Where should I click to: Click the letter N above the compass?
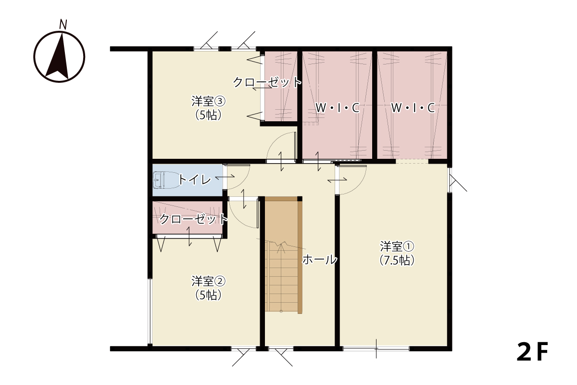(x=63, y=24)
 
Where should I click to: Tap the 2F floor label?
(x=532, y=352)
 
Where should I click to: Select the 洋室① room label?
(x=397, y=246)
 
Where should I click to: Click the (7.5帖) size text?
(x=397, y=260)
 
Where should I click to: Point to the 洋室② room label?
(x=208, y=281)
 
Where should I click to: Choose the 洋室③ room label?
(x=208, y=101)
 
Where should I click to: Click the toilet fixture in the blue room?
(x=165, y=180)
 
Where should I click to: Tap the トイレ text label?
(x=194, y=180)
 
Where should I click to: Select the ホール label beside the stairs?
(x=319, y=259)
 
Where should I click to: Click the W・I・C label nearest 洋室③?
(x=338, y=108)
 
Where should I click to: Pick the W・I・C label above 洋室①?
(x=413, y=108)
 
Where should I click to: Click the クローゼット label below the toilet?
(x=194, y=219)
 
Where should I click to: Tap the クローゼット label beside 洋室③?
(x=267, y=82)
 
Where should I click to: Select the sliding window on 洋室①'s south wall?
(x=376, y=348)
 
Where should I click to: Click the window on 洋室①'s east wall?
(x=449, y=180)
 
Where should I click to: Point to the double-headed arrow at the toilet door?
(x=225, y=177)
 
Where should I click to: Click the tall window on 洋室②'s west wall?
(x=150, y=311)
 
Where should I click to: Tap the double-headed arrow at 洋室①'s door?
(x=337, y=180)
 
